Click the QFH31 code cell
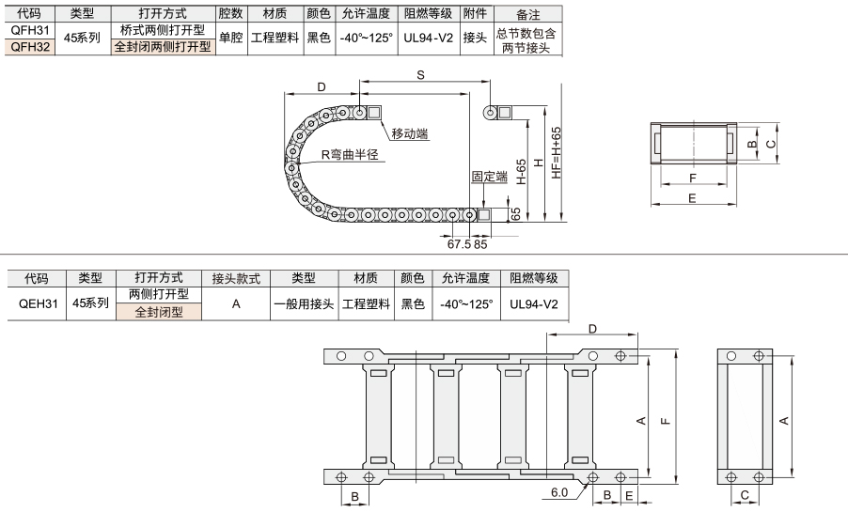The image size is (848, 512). (x=30, y=30)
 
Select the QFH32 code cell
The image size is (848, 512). (x=30, y=46)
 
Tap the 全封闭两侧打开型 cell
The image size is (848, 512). (x=163, y=47)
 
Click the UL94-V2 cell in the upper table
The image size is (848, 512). (x=429, y=38)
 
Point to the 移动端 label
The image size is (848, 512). (x=409, y=133)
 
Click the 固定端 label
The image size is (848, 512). (x=490, y=177)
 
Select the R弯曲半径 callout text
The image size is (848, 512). (x=350, y=155)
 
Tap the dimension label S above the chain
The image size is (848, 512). (x=420, y=75)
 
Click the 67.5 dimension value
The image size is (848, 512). (x=459, y=244)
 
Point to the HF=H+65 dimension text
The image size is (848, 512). (x=557, y=153)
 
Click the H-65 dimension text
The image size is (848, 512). (x=522, y=172)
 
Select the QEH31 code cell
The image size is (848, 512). (x=38, y=303)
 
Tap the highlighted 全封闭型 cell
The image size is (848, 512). (x=159, y=312)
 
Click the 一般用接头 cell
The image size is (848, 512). (x=304, y=303)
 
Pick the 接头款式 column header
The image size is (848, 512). (x=236, y=278)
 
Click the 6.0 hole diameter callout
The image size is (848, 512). (x=559, y=492)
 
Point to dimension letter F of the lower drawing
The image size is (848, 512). (x=666, y=421)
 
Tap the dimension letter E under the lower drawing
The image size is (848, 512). (x=629, y=496)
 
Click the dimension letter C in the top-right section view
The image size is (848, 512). (x=771, y=144)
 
